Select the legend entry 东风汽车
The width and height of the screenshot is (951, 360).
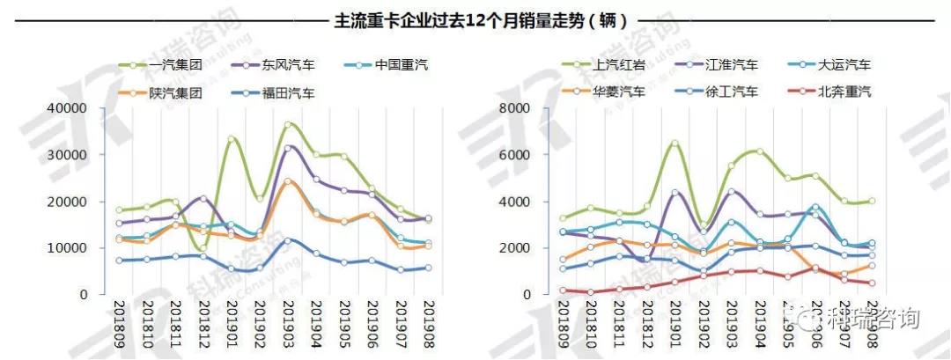pos(287,64)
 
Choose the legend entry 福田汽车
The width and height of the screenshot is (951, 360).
pos(287,92)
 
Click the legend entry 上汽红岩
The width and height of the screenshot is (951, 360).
pos(616,64)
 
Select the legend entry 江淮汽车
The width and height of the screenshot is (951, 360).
pos(730,64)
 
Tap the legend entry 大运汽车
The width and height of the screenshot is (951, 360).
pos(844,64)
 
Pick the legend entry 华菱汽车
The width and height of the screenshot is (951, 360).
pos(616,91)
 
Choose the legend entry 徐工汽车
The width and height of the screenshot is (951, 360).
pos(730,91)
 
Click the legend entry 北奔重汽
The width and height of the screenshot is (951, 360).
pos(844,91)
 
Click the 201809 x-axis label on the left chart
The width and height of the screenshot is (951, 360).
pos(120,322)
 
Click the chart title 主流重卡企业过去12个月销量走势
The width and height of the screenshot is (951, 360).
pos(475,19)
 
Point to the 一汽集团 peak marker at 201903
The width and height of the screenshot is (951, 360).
pos(288,125)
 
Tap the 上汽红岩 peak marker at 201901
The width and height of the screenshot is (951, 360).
pos(675,143)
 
